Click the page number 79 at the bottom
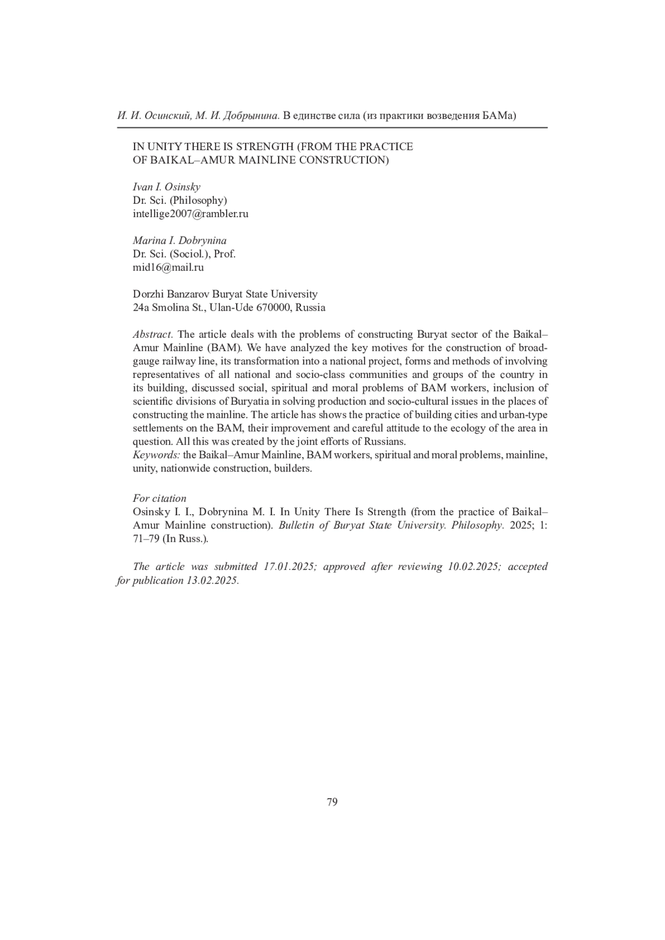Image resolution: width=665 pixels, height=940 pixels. click(x=332, y=802)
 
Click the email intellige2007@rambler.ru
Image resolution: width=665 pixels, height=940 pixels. click(x=190, y=214)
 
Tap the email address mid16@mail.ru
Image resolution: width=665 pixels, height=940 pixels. click(x=168, y=268)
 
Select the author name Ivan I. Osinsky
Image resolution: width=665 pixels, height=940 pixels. click(x=166, y=187)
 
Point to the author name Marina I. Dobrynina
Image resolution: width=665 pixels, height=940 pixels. click(x=180, y=240)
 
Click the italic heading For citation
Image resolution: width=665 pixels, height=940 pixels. click(x=160, y=499)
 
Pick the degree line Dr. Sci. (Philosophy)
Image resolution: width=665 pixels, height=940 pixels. click(x=180, y=201)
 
